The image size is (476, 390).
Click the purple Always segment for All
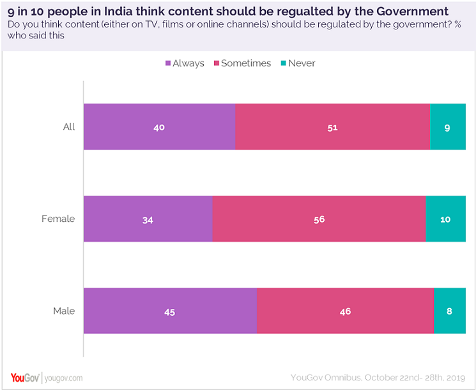tap(159, 127)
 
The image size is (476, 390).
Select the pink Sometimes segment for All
tap(332, 127)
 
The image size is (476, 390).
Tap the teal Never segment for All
tap(447, 127)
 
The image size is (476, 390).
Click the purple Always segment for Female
tap(148, 219)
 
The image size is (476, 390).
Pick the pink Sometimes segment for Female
tap(319, 219)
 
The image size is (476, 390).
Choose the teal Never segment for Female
tap(445, 219)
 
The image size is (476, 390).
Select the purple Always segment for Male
tap(170, 311)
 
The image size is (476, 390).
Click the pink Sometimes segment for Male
tap(345, 311)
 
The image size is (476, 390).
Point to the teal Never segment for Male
tap(450, 311)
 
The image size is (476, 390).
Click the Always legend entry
tap(185, 63)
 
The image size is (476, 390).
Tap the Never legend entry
tap(298, 63)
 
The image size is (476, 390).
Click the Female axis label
tap(58, 219)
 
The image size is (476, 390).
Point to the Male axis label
tap(64, 311)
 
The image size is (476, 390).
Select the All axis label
tap(69, 127)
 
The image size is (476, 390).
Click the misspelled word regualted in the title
tap(302, 12)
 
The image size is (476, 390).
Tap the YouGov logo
tap(26, 378)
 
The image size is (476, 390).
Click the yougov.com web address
tap(64, 378)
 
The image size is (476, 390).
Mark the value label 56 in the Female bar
tap(319, 219)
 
